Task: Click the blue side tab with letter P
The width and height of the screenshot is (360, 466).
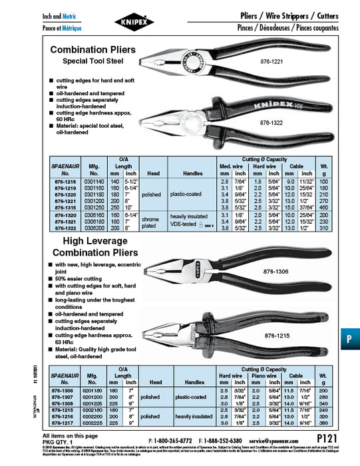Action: [x=349, y=338]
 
